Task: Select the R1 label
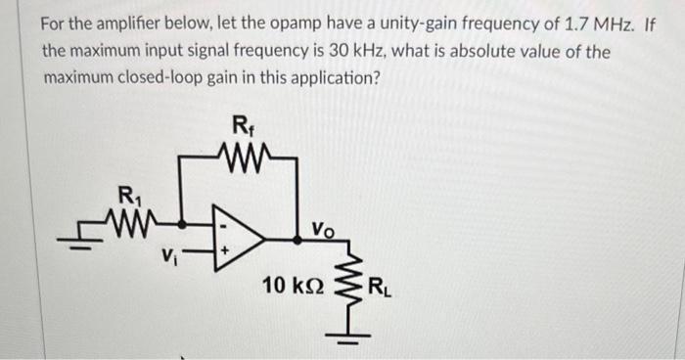127,193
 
